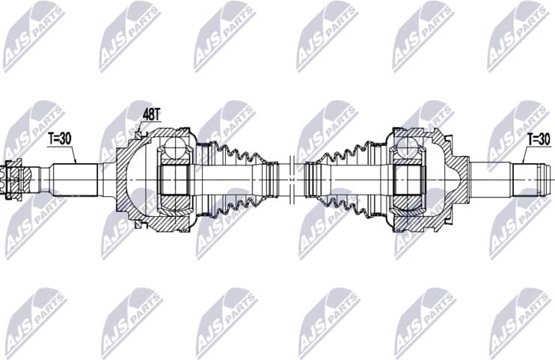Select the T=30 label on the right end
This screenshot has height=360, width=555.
pyautogui.click(x=538, y=138)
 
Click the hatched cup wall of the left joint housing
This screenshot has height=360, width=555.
pyautogui.click(x=127, y=210)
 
